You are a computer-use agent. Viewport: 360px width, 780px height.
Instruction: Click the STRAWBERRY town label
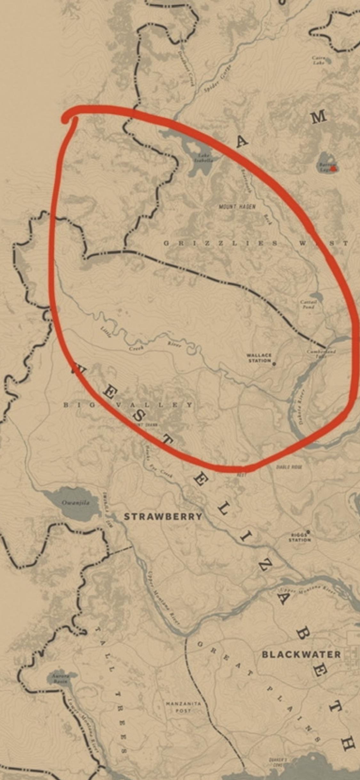pyautogui.click(x=163, y=516)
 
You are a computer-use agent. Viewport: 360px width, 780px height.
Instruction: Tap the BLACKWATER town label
pyautogui.click(x=301, y=654)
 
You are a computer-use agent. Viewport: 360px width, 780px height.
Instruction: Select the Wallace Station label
pyautogui.click(x=259, y=358)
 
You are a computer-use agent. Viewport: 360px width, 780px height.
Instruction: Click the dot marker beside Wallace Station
pyautogui.click(x=274, y=364)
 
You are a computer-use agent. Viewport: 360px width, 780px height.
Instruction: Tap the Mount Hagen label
pyautogui.click(x=237, y=207)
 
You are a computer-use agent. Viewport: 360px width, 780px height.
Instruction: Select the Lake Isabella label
pyautogui.click(x=204, y=158)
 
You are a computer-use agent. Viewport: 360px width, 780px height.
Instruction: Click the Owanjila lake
pyautogui.click(x=72, y=503)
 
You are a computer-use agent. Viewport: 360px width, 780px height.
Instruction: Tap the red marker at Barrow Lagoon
pyautogui.click(x=333, y=168)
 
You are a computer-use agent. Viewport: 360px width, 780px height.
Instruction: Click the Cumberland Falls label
pyautogui.click(x=321, y=353)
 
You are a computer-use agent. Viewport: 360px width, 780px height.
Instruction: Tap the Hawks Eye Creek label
pyautogui.click(x=159, y=463)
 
